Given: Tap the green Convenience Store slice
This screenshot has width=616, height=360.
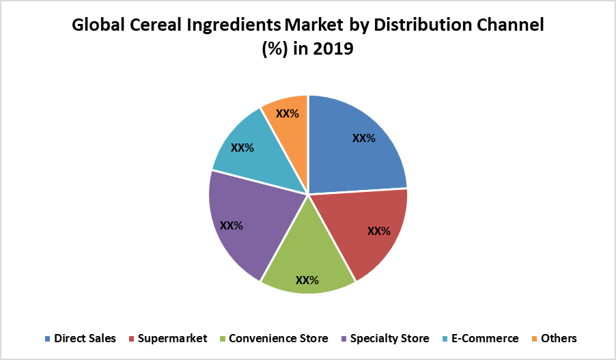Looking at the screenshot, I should pyautogui.click(x=307, y=263).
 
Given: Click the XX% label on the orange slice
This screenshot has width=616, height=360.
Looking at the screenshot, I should pyautogui.click(x=288, y=113).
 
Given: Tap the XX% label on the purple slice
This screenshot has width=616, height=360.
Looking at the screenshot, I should pyautogui.click(x=232, y=225).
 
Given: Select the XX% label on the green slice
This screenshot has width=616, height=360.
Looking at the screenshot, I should pyautogui.click(x=307, y=279).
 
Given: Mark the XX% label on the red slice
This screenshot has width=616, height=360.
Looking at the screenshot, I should pyautogui.click(x=379, y=231).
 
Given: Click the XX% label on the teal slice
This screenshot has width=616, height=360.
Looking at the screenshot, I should pyautogui.click(x=242, y=147).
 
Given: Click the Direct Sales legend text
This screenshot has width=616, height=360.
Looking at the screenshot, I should pyautogui.click(x=85, y=338).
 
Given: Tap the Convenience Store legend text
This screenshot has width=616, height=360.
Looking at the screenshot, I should pyautogui.click(x=279, y=338).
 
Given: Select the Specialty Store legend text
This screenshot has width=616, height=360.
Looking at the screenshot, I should pyautogui.click(x=390, y=338).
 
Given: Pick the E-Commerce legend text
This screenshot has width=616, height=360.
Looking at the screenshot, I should pyautogui.click(x=486, y=338).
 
